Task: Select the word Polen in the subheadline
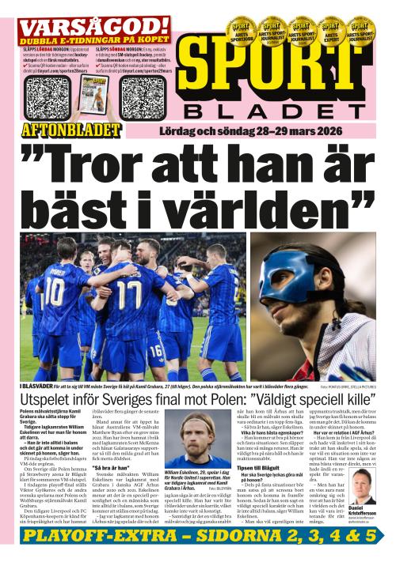pyautogui.click(x=222, y=402)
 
